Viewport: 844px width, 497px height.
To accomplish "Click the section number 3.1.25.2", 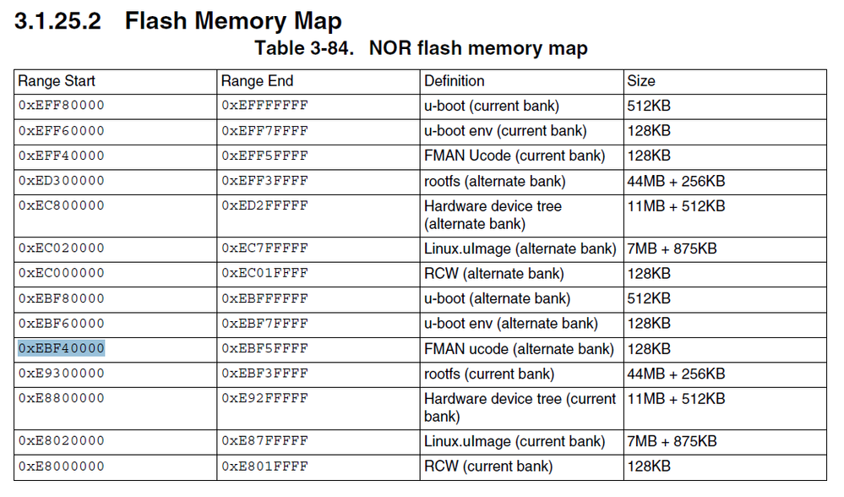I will click(57, 20).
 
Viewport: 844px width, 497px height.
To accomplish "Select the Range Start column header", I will click(57, 81).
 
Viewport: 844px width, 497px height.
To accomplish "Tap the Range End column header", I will click(257, 81).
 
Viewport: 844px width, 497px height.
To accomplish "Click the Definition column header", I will click(455, 81).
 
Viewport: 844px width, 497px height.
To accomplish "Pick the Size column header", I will click(640, 81).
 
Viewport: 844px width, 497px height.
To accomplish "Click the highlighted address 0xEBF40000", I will click(62, 349).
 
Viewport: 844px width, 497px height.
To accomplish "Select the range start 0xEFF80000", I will click(62, 106).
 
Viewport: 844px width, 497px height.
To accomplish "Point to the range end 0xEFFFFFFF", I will click(264, 106).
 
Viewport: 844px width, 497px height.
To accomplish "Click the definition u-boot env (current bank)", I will click(505, 131).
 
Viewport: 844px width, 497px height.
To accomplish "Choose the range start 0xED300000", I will click(62, 181).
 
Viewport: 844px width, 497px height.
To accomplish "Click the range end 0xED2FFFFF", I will click(264, 205).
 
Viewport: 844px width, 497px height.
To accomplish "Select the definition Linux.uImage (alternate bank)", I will click(520, 248).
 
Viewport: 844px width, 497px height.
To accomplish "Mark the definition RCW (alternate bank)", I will click(493, 274).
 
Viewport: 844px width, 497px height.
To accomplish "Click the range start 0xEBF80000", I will click(62, 298).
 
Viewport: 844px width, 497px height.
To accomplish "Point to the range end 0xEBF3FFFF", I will click(264, 374).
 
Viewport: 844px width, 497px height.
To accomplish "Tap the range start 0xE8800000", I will click(62, 399).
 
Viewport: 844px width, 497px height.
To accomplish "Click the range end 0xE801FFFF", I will click(264, 467).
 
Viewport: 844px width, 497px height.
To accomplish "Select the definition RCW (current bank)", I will click(488, 467).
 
